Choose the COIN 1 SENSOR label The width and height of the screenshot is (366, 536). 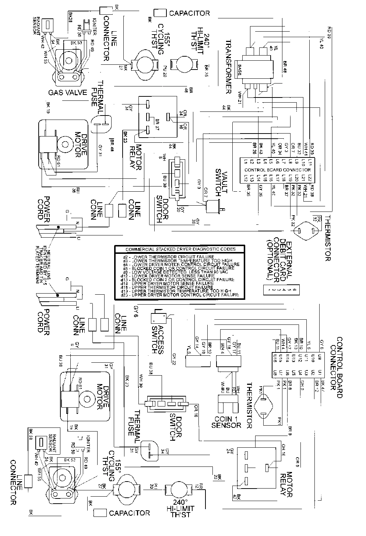[x=226, y=422]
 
